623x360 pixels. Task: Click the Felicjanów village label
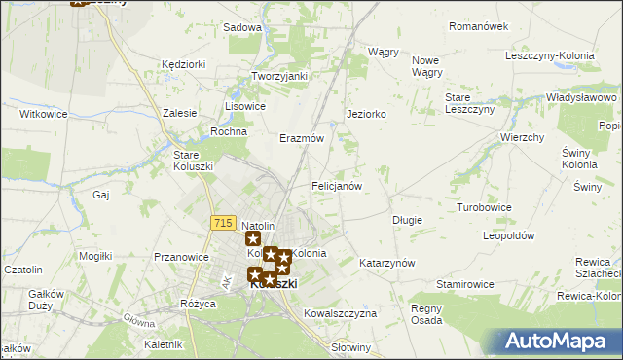pyautogui.click(x=337, y=186)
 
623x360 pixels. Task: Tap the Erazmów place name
pyautogui.click(x=301, y=138)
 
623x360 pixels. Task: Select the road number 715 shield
pyautogui.click(x=222, y=223)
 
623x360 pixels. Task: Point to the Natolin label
pyautogui.click(x=259, y=226)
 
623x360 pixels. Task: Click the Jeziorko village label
pyautogui.click(x=367, y=114)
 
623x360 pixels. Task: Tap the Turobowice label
pyautogui.click(x=485, y=208)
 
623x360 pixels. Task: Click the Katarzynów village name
pyautogui.click(x=387, y=264)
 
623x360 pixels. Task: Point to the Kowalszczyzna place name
pyautogui.click(x=340, y=313)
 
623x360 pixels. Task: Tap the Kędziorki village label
pyautogui.click(x=184, y=64)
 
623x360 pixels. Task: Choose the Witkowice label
pyautogui.click(x=43, y=114)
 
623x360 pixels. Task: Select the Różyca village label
pyautogui.click(x=198, y=304)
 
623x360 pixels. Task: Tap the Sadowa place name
pyautogui.click(x=242, y=28)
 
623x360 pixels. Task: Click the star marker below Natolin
pyautogui.click(x=253, y=239)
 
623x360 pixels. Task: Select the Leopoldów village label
pyautogui.click(x=509, y=235)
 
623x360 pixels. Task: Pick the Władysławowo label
pyautogui.click(x=582, y=98)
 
